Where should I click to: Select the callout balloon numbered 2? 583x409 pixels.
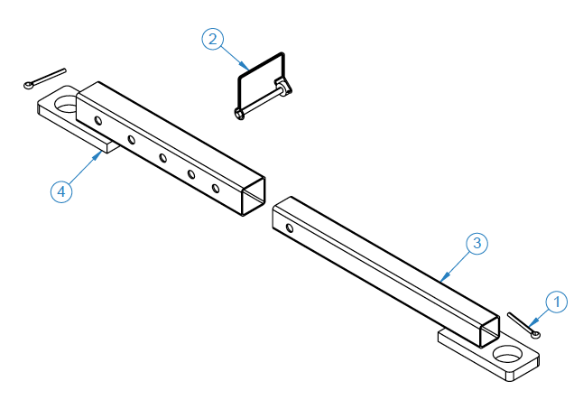[211, 39]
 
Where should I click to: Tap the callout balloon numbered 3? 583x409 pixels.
[477, 243]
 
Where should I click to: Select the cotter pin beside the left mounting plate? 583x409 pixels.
[44, 79]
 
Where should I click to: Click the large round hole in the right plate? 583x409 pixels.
[510, 355]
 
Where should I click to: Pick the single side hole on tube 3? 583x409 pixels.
[289, 228]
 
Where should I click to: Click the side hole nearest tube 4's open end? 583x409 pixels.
[216, 189]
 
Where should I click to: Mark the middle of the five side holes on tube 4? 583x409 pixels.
[163, 158]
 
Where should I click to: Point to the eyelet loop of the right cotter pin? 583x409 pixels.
[536, 335]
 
